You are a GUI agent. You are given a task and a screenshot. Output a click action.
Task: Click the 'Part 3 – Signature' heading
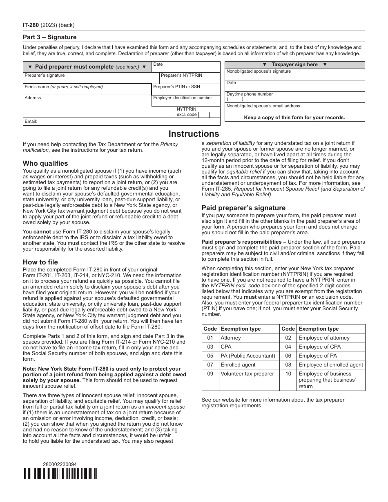coord(49,37)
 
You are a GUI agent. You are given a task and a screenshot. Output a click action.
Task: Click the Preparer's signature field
coord(91,78)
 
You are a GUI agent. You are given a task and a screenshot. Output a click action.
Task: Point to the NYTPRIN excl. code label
coord(187,112)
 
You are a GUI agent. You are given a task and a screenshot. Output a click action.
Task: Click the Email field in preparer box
coord(121,122)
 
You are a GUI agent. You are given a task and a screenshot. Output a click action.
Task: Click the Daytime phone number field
coord(294,97)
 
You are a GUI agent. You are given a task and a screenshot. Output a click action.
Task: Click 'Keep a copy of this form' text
coord(294,118)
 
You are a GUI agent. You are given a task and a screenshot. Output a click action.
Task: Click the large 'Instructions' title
coord(194,134)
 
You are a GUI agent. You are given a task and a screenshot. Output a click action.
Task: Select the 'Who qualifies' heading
coord(45,163)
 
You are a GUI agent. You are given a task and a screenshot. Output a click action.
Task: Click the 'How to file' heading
coord(40,262)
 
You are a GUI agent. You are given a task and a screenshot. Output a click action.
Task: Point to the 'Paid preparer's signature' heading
coord(243,208)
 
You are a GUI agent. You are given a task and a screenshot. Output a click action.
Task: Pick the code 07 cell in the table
coord(210,365)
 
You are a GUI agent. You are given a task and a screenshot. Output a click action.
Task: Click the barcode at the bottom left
coord(60,473)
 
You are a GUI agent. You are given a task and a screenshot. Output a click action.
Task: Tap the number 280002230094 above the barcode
coord(60,464)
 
